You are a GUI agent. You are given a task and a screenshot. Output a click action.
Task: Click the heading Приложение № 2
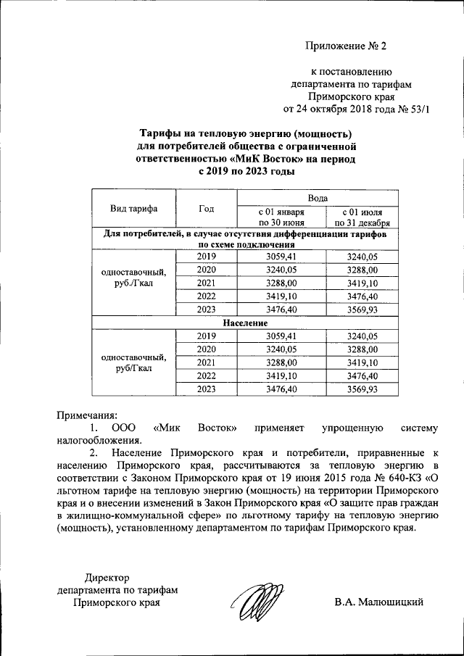pyautogui.click(x=347, y=46)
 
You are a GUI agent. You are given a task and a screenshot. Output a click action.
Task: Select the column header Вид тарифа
pyautogui.click(x=133, y=209)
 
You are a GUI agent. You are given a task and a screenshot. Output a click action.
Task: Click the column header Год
pyautogui.click(x=206, y=209)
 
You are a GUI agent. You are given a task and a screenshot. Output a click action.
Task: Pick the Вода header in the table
pyautogui.click(x=318, y=197)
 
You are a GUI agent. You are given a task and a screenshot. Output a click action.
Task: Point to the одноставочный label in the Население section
pyautogui.click(x=133, y=357)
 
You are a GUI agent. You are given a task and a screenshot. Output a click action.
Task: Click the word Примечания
pyautogui.click(x=86, y=415)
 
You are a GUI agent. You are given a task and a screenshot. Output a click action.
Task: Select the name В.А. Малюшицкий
pyautogui.click(x=378, y=602)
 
